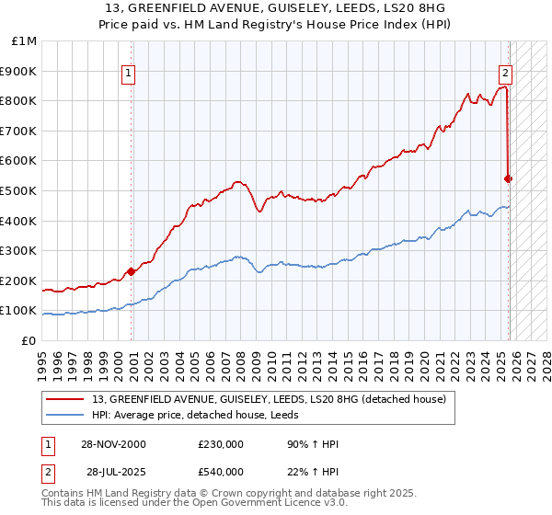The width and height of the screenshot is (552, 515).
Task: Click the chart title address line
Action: pos(275,8)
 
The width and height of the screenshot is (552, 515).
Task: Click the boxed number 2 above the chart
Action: pos(505,75)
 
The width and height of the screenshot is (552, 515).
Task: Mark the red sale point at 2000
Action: pos(132,271)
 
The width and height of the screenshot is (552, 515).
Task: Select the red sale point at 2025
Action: pos(509,178)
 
